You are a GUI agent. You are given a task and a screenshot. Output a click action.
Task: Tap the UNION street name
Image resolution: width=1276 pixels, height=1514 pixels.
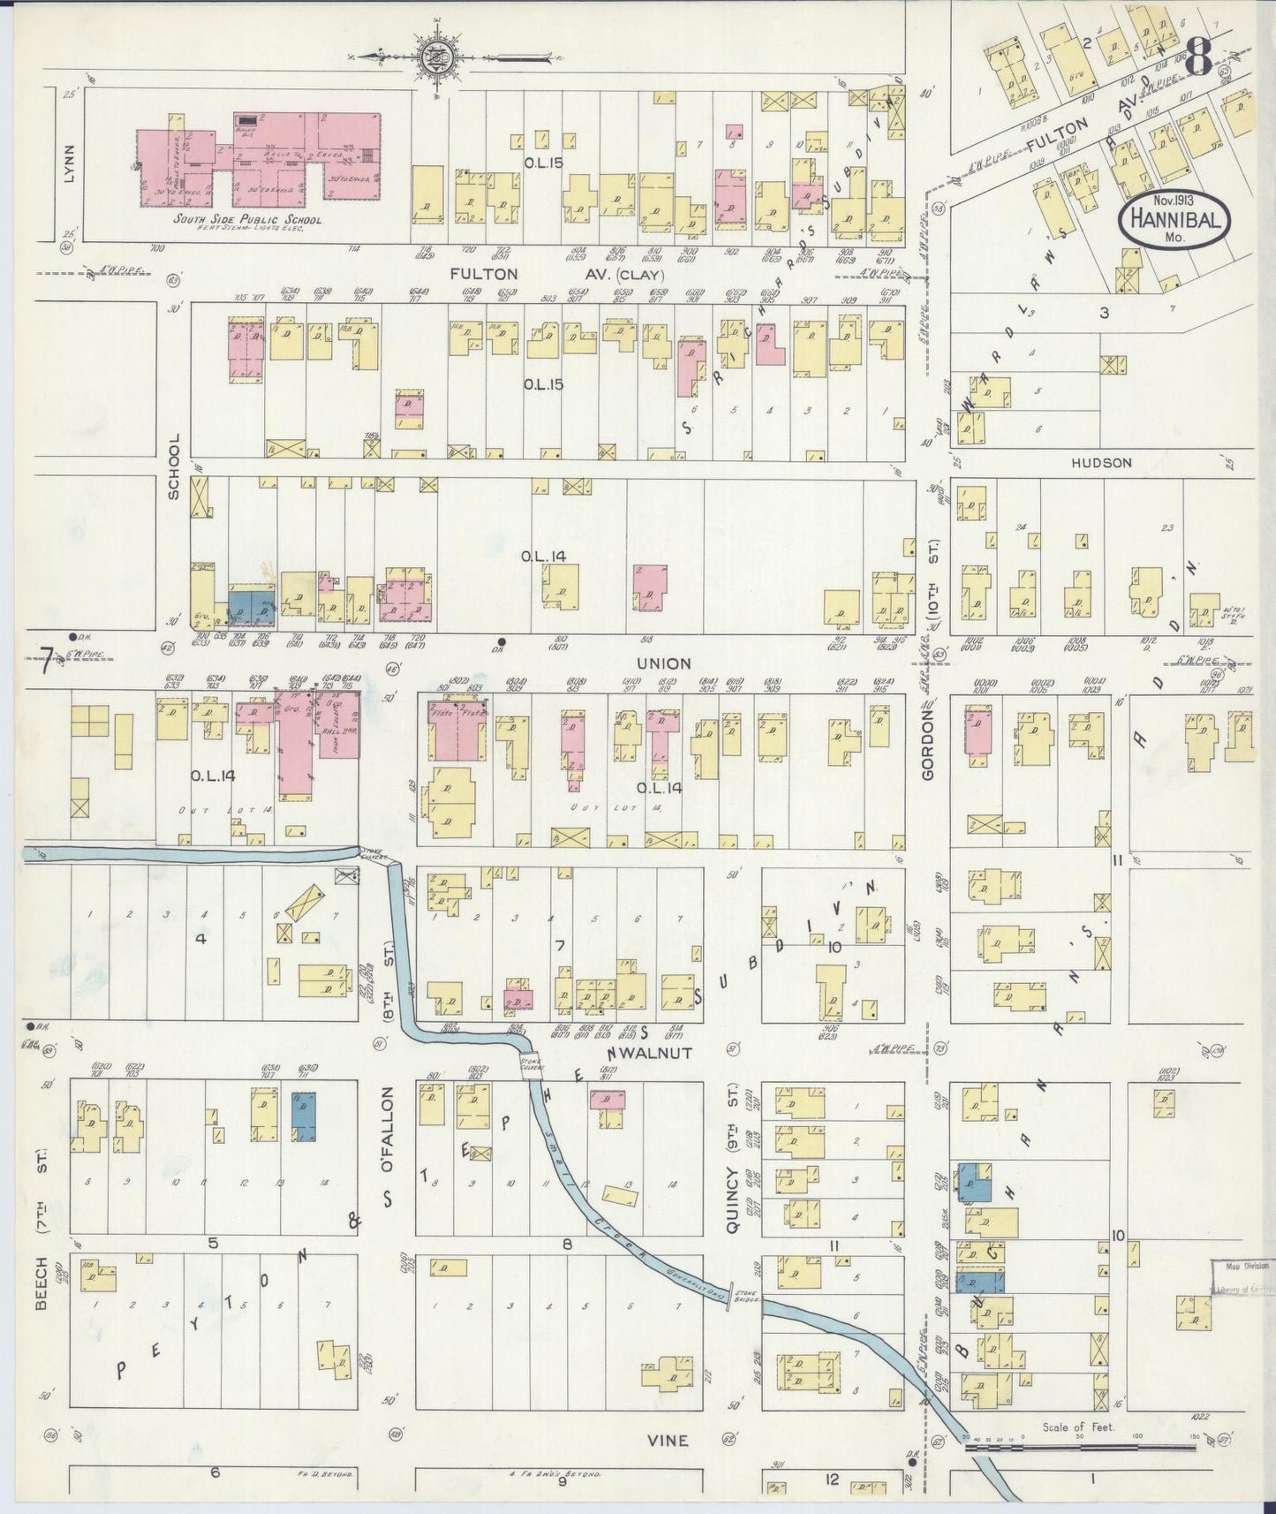pos(668,662)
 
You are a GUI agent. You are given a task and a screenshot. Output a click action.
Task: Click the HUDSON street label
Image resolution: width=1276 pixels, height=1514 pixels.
pos(1101,462)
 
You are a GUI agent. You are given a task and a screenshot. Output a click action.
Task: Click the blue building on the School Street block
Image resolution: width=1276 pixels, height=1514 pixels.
pos(252,608)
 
